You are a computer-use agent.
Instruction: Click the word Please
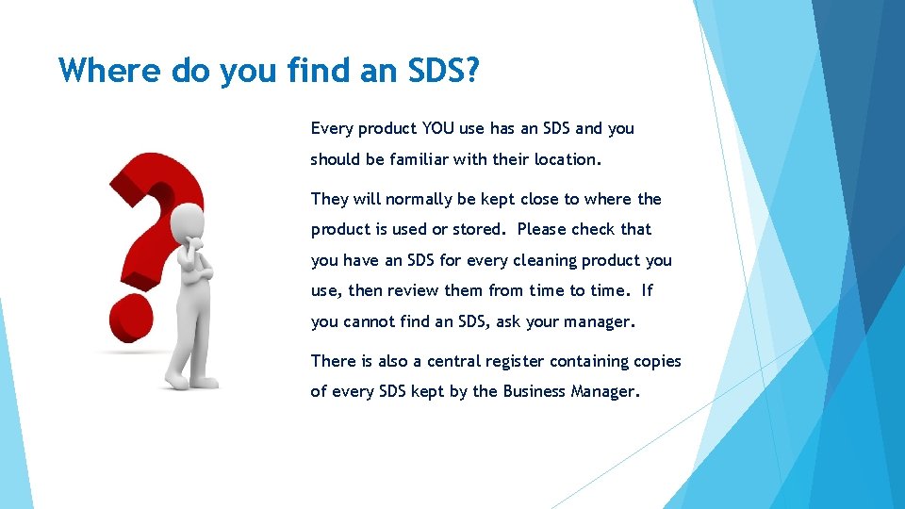click(x=543, y=229)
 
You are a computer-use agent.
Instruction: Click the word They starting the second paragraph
click(x=330, y=199)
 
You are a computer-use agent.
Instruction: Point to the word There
click(x=334, y=361)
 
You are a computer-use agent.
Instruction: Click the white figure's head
click(x=187, y=220)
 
